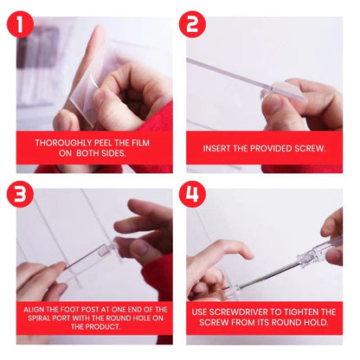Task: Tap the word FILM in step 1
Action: (x=145, y=143)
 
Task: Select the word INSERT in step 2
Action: (x=218, y=148)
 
